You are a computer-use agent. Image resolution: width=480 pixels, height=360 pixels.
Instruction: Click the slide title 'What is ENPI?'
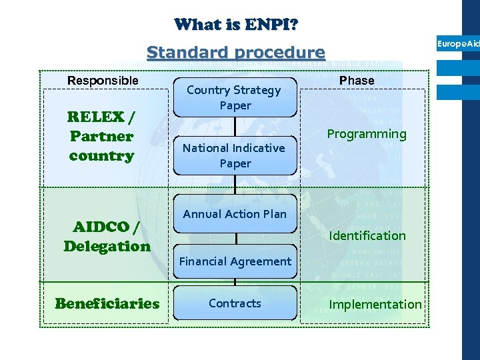pos(236,25)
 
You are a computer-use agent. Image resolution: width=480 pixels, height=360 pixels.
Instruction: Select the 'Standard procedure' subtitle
pos(235,52)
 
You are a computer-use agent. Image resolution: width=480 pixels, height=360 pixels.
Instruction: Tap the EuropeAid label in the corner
pos(458,43)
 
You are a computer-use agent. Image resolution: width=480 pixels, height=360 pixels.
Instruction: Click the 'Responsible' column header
pos(103,81)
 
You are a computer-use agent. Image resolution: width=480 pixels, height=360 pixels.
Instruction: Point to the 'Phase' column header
pos(357,81)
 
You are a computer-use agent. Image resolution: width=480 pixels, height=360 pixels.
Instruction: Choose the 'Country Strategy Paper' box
pos(235,97)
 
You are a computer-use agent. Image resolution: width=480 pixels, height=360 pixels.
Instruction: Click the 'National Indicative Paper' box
pos(235,155)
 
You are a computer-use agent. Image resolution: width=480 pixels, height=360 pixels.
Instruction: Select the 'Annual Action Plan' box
pos(235,214)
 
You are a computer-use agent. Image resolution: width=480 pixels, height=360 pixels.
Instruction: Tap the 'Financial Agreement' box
pos(235,261)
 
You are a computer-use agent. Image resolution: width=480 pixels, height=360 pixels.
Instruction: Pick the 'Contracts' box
pos(235,303)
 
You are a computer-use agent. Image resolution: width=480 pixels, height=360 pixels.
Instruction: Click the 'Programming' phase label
pos(366,134)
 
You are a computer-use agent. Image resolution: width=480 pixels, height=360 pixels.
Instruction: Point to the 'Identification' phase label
pos(367,235)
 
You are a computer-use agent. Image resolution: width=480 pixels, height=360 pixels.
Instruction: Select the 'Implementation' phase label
pos(375,305)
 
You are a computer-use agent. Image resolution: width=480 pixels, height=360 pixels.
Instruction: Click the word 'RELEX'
pos(96,117)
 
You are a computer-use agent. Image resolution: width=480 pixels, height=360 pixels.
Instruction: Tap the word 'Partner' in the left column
pos(101,137)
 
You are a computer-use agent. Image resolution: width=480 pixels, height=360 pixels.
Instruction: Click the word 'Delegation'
pos(107,246)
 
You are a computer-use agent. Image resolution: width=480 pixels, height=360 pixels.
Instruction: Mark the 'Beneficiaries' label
pos(107,304)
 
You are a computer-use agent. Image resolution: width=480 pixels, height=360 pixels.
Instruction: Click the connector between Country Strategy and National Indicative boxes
pos(235,127)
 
